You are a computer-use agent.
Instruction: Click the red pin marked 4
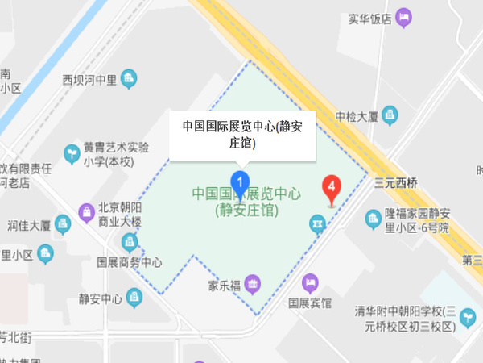[330, 188]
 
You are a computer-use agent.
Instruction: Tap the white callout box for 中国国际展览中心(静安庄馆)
[241, 135]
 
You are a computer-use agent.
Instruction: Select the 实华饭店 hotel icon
[404, 17]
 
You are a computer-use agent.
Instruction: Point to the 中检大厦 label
[357, 115]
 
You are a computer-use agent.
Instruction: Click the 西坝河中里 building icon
[130, 79]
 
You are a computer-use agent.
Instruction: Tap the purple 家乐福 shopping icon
[253, 283]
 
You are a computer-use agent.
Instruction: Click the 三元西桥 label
[396, 183]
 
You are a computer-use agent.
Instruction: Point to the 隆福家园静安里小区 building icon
[373, 219]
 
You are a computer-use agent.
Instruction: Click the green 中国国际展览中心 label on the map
[246, 202]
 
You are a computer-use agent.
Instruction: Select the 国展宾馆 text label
[310, 304]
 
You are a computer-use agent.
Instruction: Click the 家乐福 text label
[225, 286]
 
